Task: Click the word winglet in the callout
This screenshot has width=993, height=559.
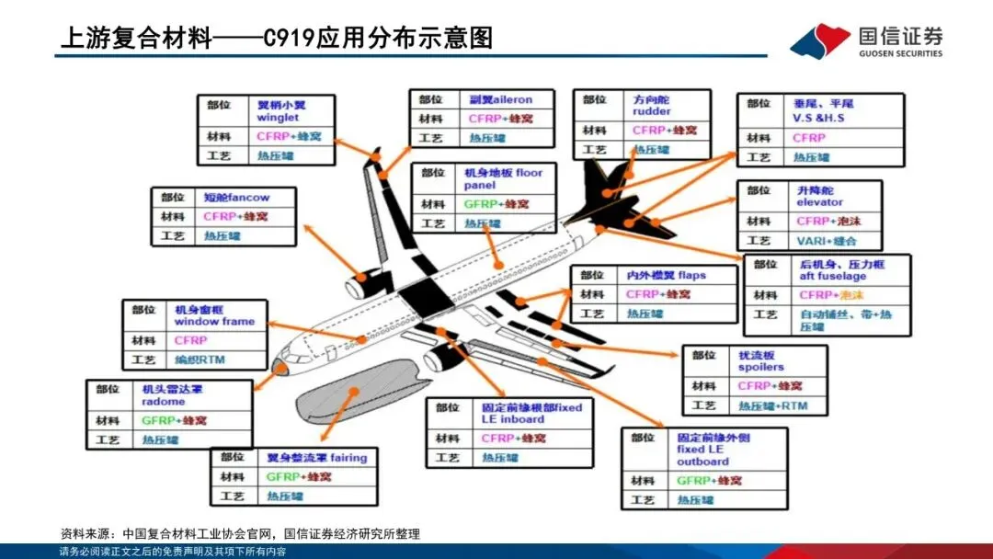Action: click(x=278, y=118)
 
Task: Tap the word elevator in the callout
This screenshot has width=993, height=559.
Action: click(x=819, y=202)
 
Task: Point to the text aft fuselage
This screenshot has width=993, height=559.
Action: click(x=832, y=276)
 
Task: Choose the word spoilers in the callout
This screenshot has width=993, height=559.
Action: click(x=760, y=367)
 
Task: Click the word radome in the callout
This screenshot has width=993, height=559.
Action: click(x=163, y=402)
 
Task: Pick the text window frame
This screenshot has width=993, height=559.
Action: click(x=214, y=322)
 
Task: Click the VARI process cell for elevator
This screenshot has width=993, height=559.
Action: click(x=825, y=241)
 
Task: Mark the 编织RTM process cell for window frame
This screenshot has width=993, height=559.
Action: click(x=200, y=359)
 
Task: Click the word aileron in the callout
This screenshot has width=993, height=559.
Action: click(x=514, y=99)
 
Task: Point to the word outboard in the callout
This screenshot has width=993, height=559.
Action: click(x=702, y=462)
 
